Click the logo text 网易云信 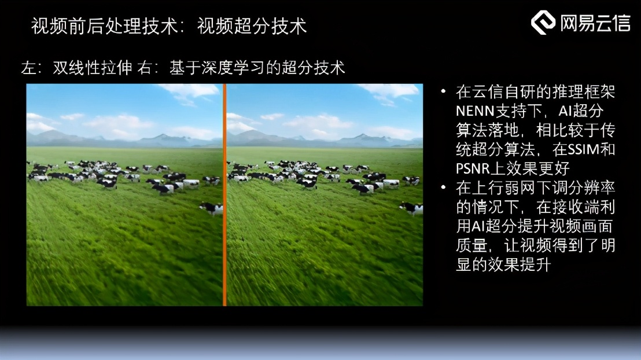[595, 23]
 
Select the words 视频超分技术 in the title [252, 26]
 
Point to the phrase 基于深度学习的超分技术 [257, 68]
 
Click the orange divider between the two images [224, 194]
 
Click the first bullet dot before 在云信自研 [444, 92]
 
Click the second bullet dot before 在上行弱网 [444, 188]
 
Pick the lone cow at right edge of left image [212, 208]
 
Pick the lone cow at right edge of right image [412, 208]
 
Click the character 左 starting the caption [28, 68]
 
